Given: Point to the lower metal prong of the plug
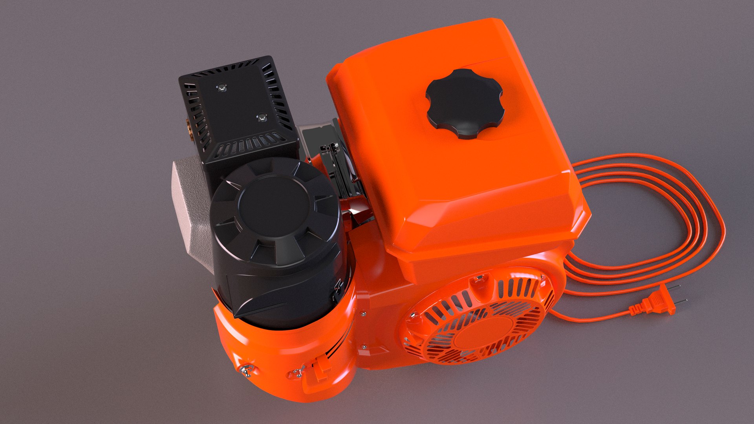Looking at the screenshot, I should click(x=681, y=302).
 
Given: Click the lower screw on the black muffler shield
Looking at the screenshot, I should click(x=261, y=117).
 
